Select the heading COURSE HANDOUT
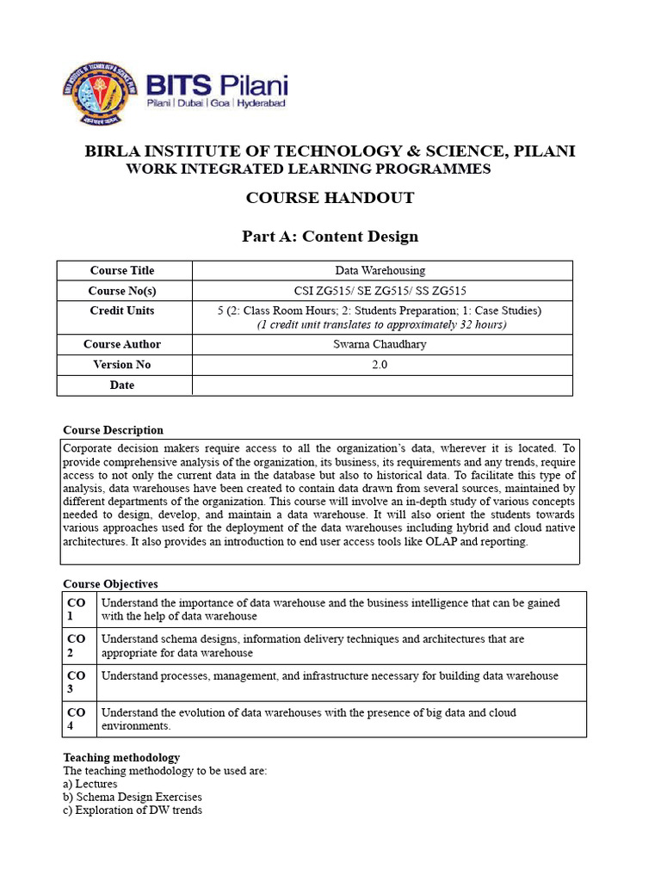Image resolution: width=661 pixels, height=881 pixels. (x=330, y=198)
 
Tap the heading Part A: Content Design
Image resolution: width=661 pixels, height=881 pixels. (x=330, y=236)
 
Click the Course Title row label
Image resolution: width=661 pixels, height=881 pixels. (x=122, y=271)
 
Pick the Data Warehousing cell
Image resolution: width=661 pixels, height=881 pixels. (x=380, y=271)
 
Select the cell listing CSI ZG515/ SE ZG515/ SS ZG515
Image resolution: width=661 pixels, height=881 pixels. (x=380, y=292)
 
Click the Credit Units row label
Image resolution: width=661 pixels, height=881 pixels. (x=122, y=311)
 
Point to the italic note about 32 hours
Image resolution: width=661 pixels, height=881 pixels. (x=381, y=324)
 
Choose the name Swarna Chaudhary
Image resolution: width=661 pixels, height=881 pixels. (x=380, y=344)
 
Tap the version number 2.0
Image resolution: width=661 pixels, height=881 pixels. (x=380, y=365)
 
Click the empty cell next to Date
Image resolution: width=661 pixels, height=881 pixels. (x=381, y=385)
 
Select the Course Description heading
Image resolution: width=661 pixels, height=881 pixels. (x=113, y=430)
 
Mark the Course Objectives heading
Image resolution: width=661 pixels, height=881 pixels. (x=110, y=584)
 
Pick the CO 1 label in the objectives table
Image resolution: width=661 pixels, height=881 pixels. (x=77, y=609)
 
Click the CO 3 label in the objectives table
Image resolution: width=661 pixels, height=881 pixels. (x=77, y=682)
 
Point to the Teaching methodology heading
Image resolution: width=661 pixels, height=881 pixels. (x=121, y=758)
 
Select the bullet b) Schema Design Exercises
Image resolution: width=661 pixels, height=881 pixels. (x=133, y=798)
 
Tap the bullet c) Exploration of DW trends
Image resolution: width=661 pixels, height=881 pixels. (x=133, y=810)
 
